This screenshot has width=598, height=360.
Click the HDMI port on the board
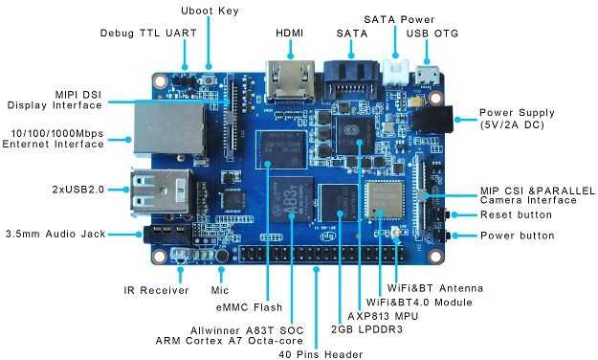point(291,81)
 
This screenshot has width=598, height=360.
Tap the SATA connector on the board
point(351,80)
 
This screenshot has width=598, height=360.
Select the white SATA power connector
point(396,72)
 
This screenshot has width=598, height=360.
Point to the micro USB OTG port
point(427,76)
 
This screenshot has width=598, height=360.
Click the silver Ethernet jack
point(169,128)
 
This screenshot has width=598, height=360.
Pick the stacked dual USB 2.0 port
point(161,192)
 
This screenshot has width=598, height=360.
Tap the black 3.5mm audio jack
point(167,234)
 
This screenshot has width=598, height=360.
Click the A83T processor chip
point(292,199)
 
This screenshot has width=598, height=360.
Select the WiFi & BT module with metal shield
point(385,200)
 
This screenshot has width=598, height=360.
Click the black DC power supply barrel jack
point(432,119)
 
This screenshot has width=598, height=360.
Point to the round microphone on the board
point(222,255)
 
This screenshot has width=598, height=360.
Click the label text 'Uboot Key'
point(210,11)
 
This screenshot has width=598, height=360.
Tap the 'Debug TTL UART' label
point(148,34)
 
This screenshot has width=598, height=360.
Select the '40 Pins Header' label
point(321,354)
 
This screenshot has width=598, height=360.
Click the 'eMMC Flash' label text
point(249,307)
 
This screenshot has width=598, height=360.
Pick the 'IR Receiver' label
point(156,290)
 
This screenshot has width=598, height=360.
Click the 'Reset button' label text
point(516,214)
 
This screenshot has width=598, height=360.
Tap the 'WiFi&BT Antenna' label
point(435,288)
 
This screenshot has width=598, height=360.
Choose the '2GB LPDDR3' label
point(366,329)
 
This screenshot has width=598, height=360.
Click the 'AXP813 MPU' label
point(383,316)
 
